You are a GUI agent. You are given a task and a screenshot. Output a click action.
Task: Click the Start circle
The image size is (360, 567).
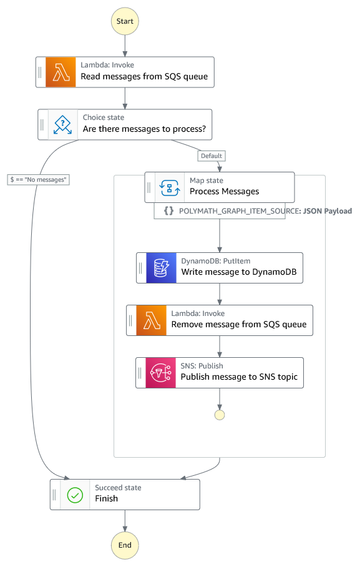click(x=125, y=21)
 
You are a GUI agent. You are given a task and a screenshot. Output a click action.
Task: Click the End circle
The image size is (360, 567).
click(x=125, y=545)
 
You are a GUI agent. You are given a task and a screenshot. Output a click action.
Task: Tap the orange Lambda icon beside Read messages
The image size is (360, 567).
click(x=61, y=72)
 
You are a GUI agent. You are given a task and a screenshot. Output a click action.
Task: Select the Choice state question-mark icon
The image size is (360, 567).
click(x=63, y=125)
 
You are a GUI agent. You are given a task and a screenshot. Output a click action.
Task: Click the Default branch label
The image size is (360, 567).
click(x=212, y=156)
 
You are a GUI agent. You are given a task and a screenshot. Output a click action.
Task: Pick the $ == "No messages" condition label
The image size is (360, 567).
click(x=38, y=180)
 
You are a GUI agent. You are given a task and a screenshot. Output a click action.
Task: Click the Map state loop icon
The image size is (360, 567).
click(x=170, y=188)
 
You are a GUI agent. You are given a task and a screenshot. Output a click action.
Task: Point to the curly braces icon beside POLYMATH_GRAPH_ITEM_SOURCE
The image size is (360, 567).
click(x=169, y=211)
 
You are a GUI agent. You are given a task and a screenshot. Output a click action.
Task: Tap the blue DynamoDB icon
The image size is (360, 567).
click(x=161, y=268)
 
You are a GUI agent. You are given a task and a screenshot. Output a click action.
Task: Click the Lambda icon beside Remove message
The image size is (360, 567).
click(x=152, y=320)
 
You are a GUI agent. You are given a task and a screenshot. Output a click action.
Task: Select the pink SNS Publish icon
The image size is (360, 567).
click(x=161, y=373)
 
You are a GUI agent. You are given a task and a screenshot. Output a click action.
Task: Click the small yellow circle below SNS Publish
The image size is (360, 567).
click(x=220, y=415)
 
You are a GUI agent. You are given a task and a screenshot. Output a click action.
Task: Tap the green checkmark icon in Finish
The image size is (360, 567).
click(x=75, y=495)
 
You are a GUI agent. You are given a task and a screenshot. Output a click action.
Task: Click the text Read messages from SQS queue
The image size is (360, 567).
click(x=144, y=77)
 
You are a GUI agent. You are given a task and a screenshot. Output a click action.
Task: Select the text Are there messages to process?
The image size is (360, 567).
click(x=144, y=129)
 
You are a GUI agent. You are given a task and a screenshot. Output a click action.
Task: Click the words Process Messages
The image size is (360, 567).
click(x=225, y=191)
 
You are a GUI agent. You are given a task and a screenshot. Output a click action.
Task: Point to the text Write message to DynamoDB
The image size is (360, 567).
click(x=239, y=272)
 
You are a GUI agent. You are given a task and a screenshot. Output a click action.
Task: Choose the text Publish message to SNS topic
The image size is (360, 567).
click(x=239, y=377)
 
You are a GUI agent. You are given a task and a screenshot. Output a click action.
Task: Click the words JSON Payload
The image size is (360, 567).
click(x=328, y=211)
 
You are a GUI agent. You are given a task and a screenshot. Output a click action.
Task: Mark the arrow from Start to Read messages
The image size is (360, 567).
click(x=125, y=46)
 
